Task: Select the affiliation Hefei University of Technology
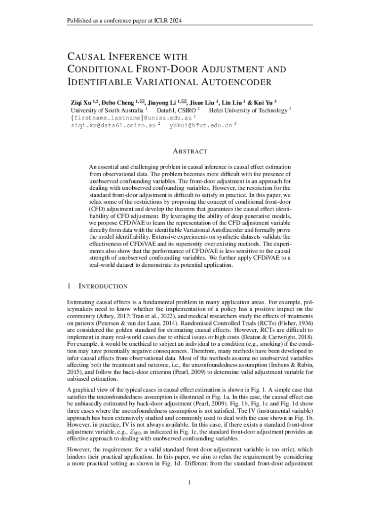click(248, 110)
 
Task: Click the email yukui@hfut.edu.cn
click(200, 126)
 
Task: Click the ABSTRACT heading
click(190, 151)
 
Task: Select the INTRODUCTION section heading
click(103, 286)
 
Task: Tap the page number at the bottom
click(190, 482)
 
